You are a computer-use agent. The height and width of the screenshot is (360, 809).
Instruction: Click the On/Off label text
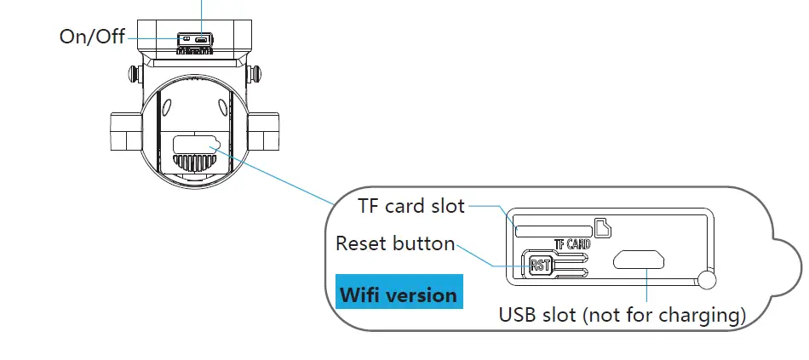91,37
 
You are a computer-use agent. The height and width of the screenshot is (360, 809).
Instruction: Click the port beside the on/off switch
201,38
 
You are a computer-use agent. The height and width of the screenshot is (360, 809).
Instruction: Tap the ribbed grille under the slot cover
195,162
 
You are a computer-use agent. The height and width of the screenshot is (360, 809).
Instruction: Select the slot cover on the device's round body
196,142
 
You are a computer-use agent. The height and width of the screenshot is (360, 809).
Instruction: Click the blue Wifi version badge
399,295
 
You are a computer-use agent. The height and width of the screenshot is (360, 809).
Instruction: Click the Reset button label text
395,243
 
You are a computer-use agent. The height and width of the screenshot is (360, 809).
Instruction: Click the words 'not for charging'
663,315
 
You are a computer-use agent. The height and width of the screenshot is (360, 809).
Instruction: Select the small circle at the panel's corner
705,278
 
